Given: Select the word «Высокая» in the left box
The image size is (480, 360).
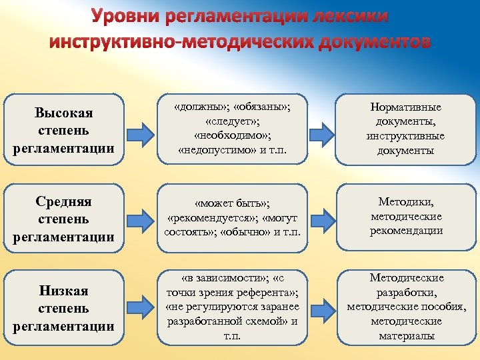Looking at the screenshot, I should tap(63, 113).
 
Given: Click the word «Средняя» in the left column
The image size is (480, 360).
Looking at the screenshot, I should tap(63, 201).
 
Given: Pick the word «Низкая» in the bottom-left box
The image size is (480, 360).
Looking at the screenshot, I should tap(63, 291).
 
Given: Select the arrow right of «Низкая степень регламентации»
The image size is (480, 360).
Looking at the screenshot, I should tap(141, 307).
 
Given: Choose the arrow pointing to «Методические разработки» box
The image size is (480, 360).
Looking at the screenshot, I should tap(325, 307).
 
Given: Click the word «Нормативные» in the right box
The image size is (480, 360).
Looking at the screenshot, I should tap(405, 107).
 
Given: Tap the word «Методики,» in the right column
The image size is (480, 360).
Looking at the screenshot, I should tap(405, 201).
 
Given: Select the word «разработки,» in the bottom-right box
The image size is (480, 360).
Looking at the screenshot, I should tap(405, 292).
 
